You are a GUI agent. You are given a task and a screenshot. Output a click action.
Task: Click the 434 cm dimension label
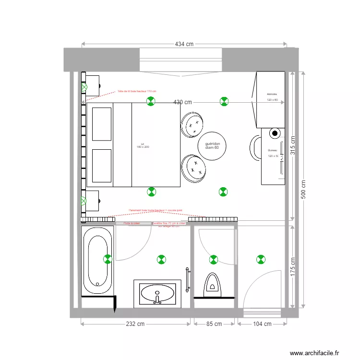[184, 44]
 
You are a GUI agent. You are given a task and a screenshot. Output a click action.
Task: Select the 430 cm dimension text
[182, 102]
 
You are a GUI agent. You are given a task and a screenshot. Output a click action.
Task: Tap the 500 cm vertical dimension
[303, 190]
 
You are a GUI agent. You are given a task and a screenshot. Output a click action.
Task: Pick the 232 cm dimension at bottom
[135, 324]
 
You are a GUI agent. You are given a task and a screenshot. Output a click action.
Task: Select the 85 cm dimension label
[214, 324]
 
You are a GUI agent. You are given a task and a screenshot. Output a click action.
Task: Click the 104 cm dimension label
[262, 324]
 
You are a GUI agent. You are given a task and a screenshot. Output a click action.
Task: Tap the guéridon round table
[212, 145]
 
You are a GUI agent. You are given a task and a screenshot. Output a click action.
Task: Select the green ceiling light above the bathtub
[108, 259]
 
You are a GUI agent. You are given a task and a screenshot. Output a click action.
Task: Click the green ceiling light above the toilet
[213, 259]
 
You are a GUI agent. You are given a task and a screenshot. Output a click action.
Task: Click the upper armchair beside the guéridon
[192, 125]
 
